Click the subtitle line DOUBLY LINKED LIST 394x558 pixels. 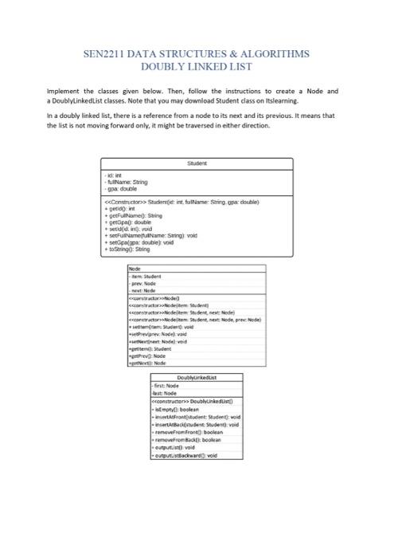pos(196,68)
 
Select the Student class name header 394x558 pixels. pos(197,163)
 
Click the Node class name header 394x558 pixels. pos(135,269)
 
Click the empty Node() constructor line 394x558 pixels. pos(156,295)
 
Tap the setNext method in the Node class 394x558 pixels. pos(160,340)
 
